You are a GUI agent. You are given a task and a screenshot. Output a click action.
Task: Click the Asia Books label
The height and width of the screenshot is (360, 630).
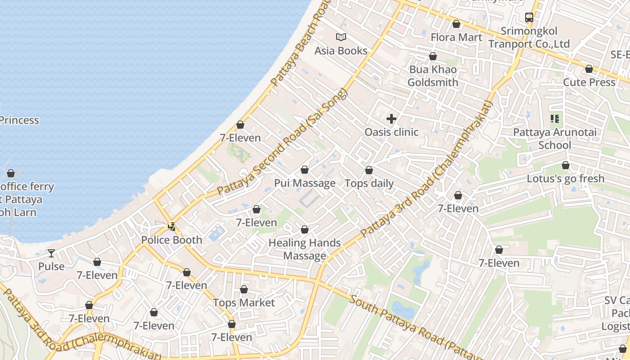341,51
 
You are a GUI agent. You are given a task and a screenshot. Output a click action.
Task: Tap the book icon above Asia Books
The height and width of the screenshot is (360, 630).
341,37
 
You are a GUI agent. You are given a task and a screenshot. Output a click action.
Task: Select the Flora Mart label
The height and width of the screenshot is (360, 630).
456,37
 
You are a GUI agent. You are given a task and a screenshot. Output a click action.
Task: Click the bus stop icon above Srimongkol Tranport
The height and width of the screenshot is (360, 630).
529,18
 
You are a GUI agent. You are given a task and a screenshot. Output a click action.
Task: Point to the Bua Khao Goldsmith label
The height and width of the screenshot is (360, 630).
432,76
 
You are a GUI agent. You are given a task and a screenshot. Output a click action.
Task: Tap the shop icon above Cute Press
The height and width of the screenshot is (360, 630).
589,69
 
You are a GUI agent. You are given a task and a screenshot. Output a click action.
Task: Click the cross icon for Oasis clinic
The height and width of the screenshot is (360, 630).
391,119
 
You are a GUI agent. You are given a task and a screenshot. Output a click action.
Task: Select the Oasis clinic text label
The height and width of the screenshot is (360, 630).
391,132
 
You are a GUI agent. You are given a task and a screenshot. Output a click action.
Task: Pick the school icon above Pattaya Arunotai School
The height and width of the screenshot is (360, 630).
555,119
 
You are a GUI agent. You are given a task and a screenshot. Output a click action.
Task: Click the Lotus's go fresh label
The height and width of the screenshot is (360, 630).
566,179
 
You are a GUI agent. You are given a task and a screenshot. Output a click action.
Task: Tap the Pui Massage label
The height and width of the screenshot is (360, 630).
305,183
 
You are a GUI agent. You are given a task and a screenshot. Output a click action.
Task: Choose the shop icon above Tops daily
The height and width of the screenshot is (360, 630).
369,170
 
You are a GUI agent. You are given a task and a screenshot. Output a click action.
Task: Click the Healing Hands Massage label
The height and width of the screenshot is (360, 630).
305,249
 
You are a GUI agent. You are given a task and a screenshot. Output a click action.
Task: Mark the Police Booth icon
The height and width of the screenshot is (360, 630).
171,226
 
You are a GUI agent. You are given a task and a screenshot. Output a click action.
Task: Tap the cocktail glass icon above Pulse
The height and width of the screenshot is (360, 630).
51,253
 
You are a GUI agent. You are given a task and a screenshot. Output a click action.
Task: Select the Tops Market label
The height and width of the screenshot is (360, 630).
243,303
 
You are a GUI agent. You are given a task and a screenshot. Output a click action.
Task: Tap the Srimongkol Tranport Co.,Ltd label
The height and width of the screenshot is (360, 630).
529,38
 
